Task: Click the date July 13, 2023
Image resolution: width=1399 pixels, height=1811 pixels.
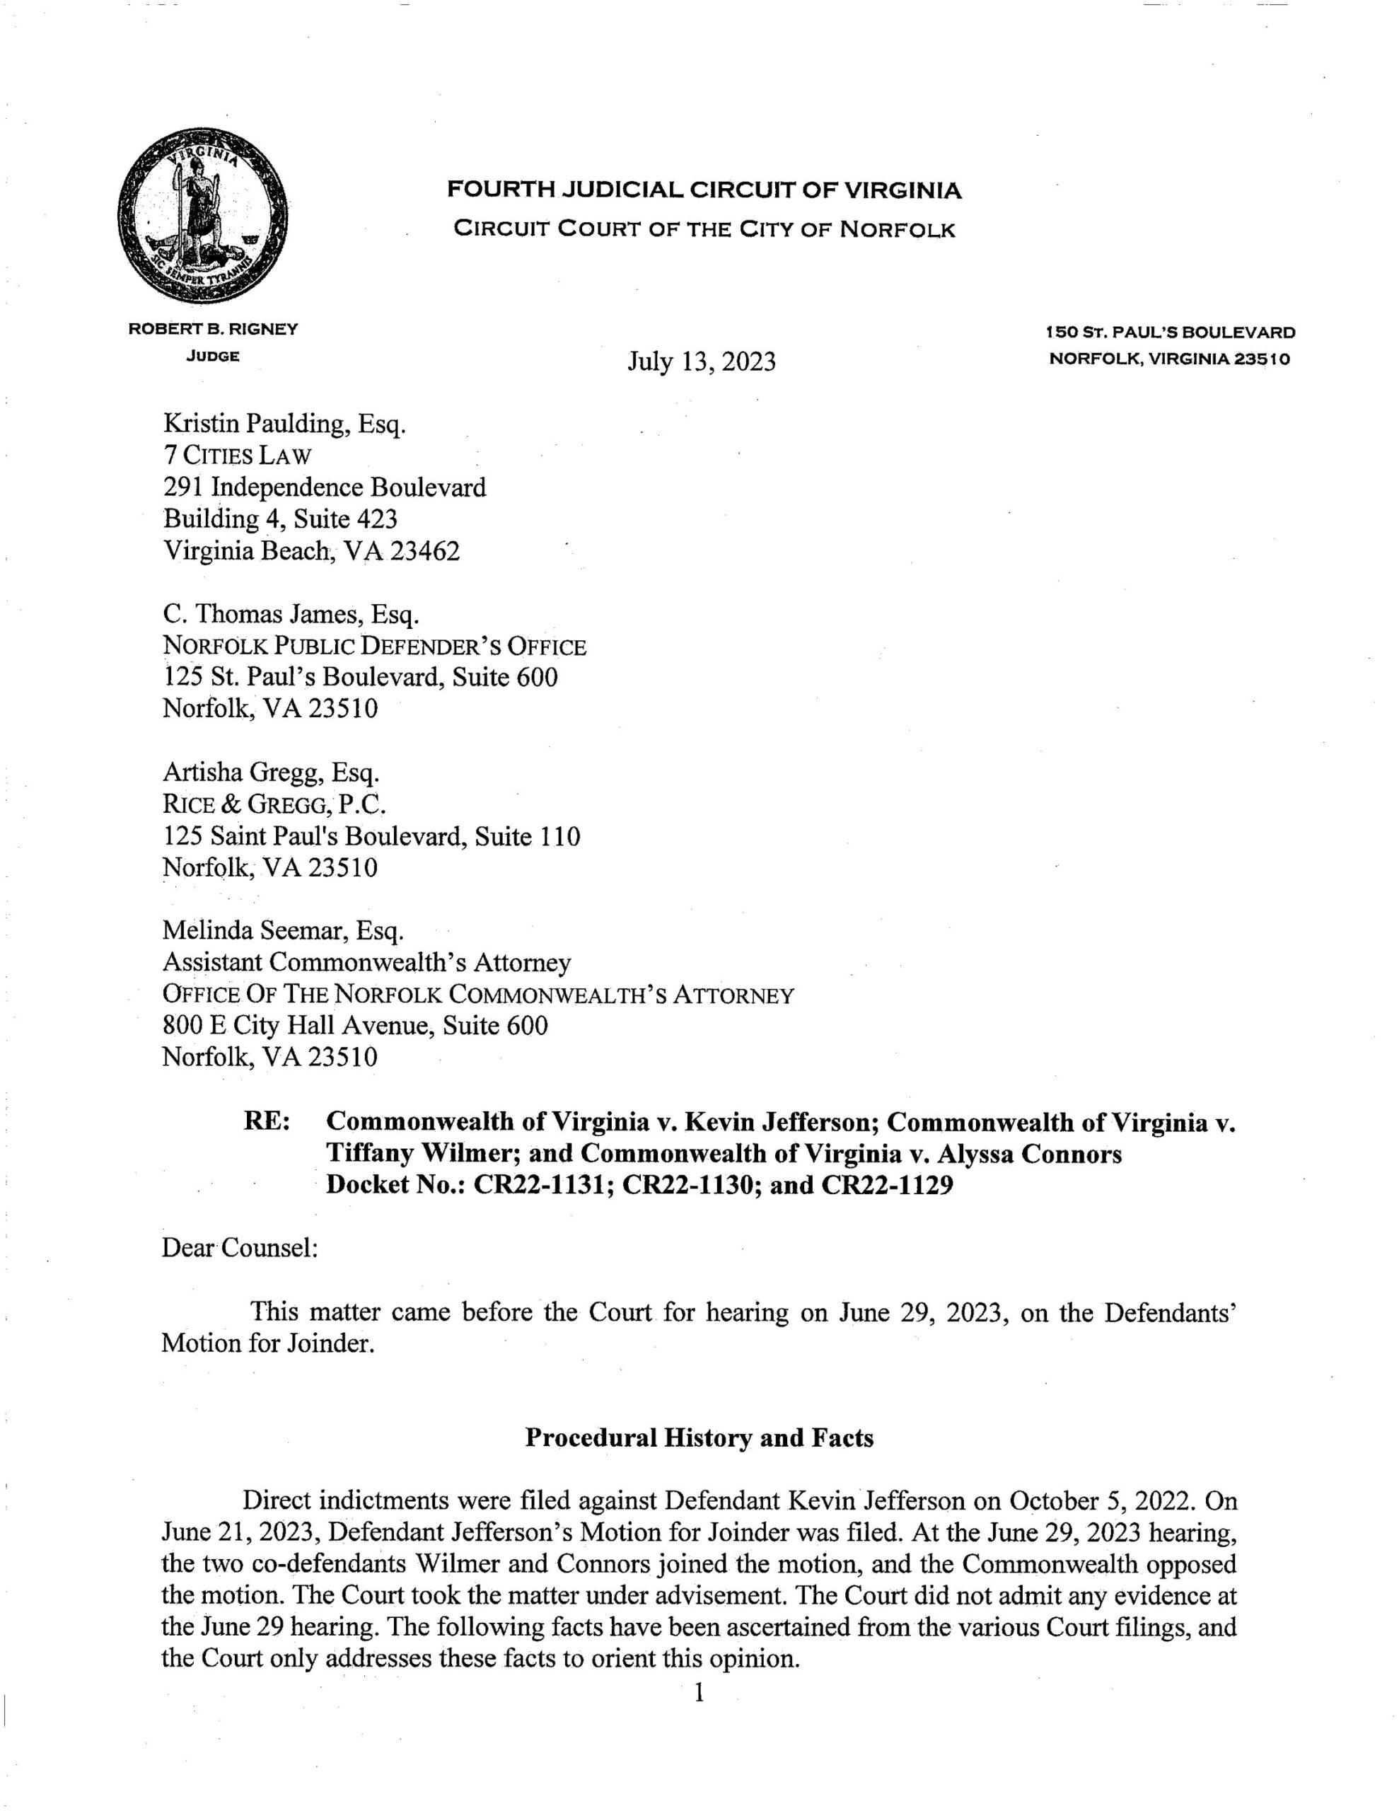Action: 701,361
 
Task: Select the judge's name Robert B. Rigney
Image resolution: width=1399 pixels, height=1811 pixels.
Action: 213,329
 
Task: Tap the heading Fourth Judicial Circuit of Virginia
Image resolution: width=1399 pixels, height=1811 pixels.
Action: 704,191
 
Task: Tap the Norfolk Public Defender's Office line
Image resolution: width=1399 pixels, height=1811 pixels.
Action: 374,646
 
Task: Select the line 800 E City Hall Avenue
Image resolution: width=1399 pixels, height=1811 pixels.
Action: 355,1026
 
